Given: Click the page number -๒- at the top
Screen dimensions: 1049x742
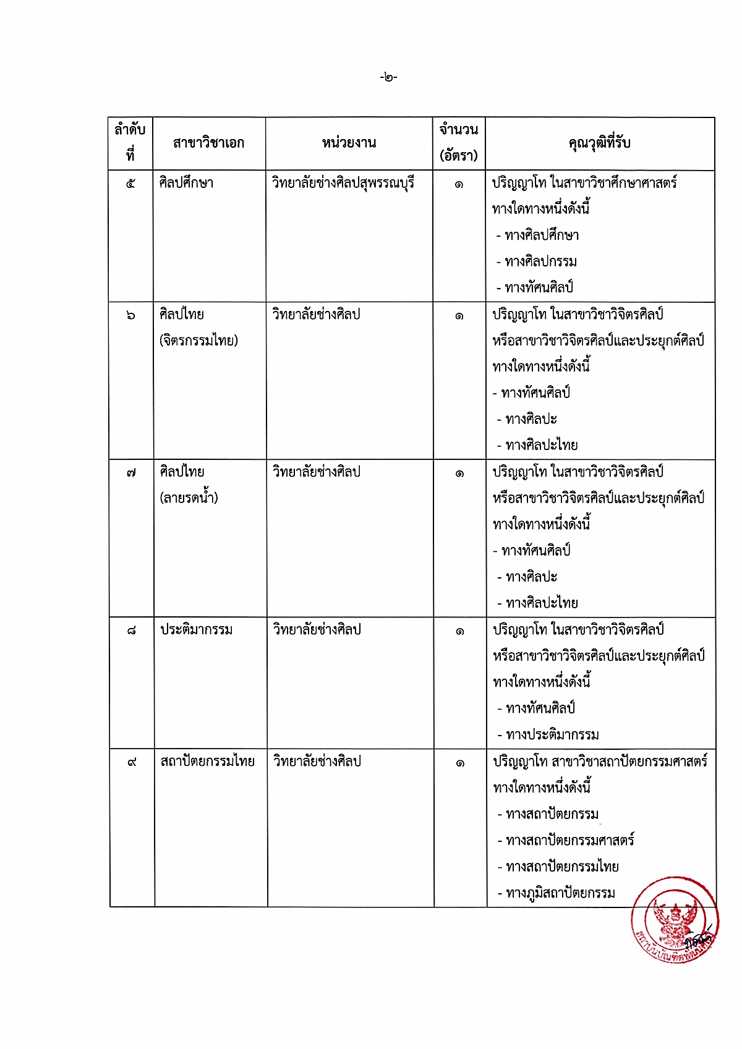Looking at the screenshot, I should click(x=388, y=77).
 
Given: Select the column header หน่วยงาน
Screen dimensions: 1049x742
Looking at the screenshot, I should click(x=349, y=143).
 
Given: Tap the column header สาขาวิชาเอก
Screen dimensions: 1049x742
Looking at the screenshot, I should click(x=208, y=143).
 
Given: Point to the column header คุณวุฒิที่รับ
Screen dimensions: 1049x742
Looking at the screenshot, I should click(x=599, y=143).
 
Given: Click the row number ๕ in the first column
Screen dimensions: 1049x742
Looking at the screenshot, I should click(x=130, y=184).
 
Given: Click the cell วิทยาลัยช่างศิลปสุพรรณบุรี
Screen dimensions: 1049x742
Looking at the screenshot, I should click(x=343, y=183).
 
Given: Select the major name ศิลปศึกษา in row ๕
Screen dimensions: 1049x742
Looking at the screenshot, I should click(x=186, y=183).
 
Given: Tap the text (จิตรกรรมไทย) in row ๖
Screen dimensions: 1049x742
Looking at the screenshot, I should click(x=198, y=340).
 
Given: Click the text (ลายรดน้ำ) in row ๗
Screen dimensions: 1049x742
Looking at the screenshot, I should click(x=189, y=498).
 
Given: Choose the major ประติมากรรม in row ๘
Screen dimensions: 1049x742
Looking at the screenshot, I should click(x=197, y=630).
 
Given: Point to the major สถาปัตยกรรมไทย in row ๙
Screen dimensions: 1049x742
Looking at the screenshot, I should click(x=207, y=762).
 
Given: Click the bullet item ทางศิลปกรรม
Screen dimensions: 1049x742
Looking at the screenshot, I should click(x=540, y=261).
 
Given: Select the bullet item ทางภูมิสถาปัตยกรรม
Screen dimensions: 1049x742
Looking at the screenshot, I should click(x=560, y=893).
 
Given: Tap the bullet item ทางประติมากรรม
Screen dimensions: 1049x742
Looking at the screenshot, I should click(x=552, y=735).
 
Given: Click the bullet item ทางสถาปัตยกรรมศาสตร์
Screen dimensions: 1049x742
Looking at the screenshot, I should click(x=569, y=841).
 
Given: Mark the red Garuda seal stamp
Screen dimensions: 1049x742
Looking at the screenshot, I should click(x=675, y=919).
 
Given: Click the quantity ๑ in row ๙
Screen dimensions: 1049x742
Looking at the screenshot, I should click(x=460, y=763).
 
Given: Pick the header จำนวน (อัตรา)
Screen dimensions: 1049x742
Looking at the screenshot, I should click(x=459, y=143).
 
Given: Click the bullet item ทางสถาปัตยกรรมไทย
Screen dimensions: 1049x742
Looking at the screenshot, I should click(x=562, y=867).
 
